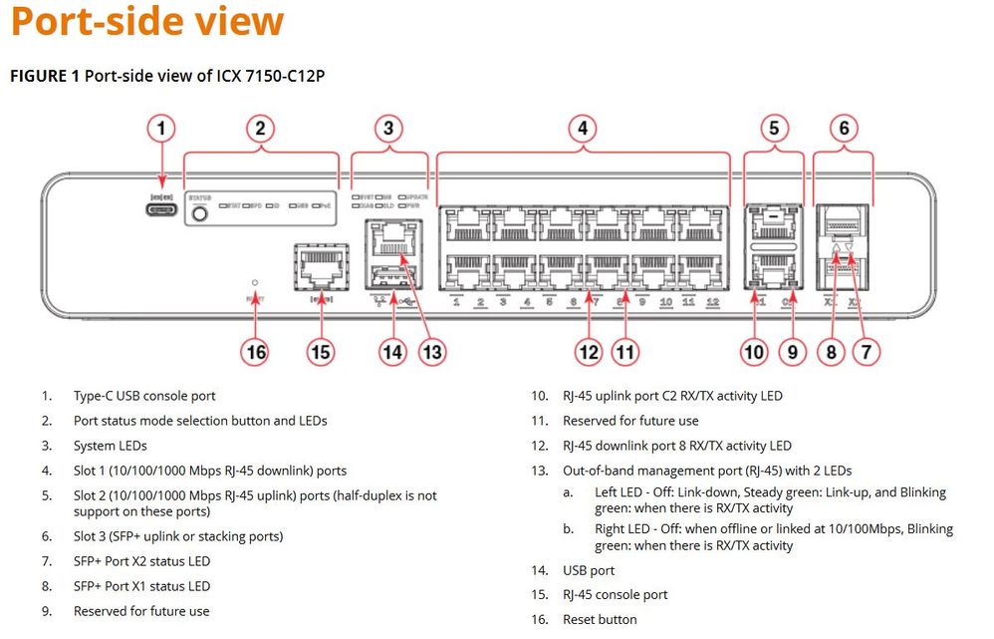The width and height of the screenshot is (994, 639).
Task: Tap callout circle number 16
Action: pyautogui.click(x=256, y=351)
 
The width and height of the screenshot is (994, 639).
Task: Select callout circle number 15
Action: pyautogui.click(x=321, y=351)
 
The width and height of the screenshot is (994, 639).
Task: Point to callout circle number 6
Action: pyautogui.click(x=844, y=128)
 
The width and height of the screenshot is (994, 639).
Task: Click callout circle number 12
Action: pyautogui.click(x=590, y=351)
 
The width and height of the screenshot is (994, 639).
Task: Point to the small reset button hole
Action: pyautogui.click(x=256, y=282)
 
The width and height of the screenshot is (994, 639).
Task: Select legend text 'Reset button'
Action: pyautogui.click(x=600, y=619)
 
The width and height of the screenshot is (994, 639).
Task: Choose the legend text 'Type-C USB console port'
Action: pyautogui.click(x=144, y=396)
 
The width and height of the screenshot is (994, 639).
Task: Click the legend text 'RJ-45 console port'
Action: pyautogui.click(x=615, y=594)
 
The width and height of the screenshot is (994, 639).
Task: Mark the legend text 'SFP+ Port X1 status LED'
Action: pyautogui.click(x=141, y=586)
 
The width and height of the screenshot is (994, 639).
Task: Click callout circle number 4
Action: pyautogui.click(x=582, y=128)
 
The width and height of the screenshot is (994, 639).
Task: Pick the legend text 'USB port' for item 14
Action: pyautogui.click(x=589, y=570)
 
